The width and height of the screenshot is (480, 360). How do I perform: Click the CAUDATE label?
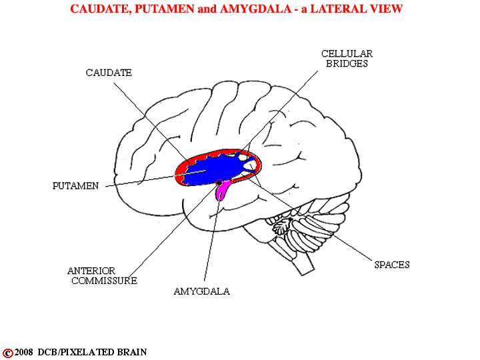pyautogui.click(x=109, y=73)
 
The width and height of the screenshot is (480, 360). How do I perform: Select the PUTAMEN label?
pyautogui.click(x=75, y=186)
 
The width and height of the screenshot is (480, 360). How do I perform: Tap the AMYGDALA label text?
pyautogui.click(x=202, y=291)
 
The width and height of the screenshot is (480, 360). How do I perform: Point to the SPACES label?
pyautogui.click(x=392, y=265)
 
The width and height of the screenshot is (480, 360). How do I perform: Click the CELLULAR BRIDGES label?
pyautogui.click(x=347, y=59)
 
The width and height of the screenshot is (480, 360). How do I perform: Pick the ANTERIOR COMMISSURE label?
pyautogui.click(x=103, y=275)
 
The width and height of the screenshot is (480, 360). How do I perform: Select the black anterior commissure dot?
pyautogui.click(x=219, y=183)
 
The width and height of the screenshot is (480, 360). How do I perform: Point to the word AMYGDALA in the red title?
pyautogui.click(x=255, y=9)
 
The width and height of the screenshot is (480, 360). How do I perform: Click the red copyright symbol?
pyautogui.click(x=7, y=353)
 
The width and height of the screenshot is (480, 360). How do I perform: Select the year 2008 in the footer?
pyautogui.click(x=24, y=352)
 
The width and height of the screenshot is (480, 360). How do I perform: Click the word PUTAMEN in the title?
pyautogui.click(x=165, y=9)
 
